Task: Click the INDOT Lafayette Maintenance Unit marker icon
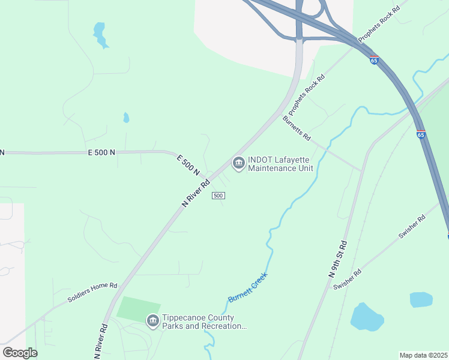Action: (x=238, y=163)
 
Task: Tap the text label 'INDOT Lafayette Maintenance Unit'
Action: (x=281, y=163)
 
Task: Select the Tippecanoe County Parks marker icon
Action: (x=153, y=322)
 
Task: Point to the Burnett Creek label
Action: (x=247, y=287)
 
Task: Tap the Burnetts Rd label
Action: (x=297, y=128)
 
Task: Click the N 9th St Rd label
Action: (x=338, y=259)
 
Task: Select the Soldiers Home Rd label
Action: (x=92, y=292)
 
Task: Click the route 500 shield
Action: (x=218, y=196)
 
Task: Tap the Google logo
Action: (x=20, y=353)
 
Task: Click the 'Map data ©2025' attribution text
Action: (x=423, y=355)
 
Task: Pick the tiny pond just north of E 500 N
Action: (x=126, y=118)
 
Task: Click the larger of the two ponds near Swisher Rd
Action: (x=366, y=317)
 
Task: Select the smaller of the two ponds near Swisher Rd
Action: (x=421, y=299)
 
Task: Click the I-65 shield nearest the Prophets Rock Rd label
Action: (x=374, y=60)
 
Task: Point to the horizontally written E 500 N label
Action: (x=101, y=153)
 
